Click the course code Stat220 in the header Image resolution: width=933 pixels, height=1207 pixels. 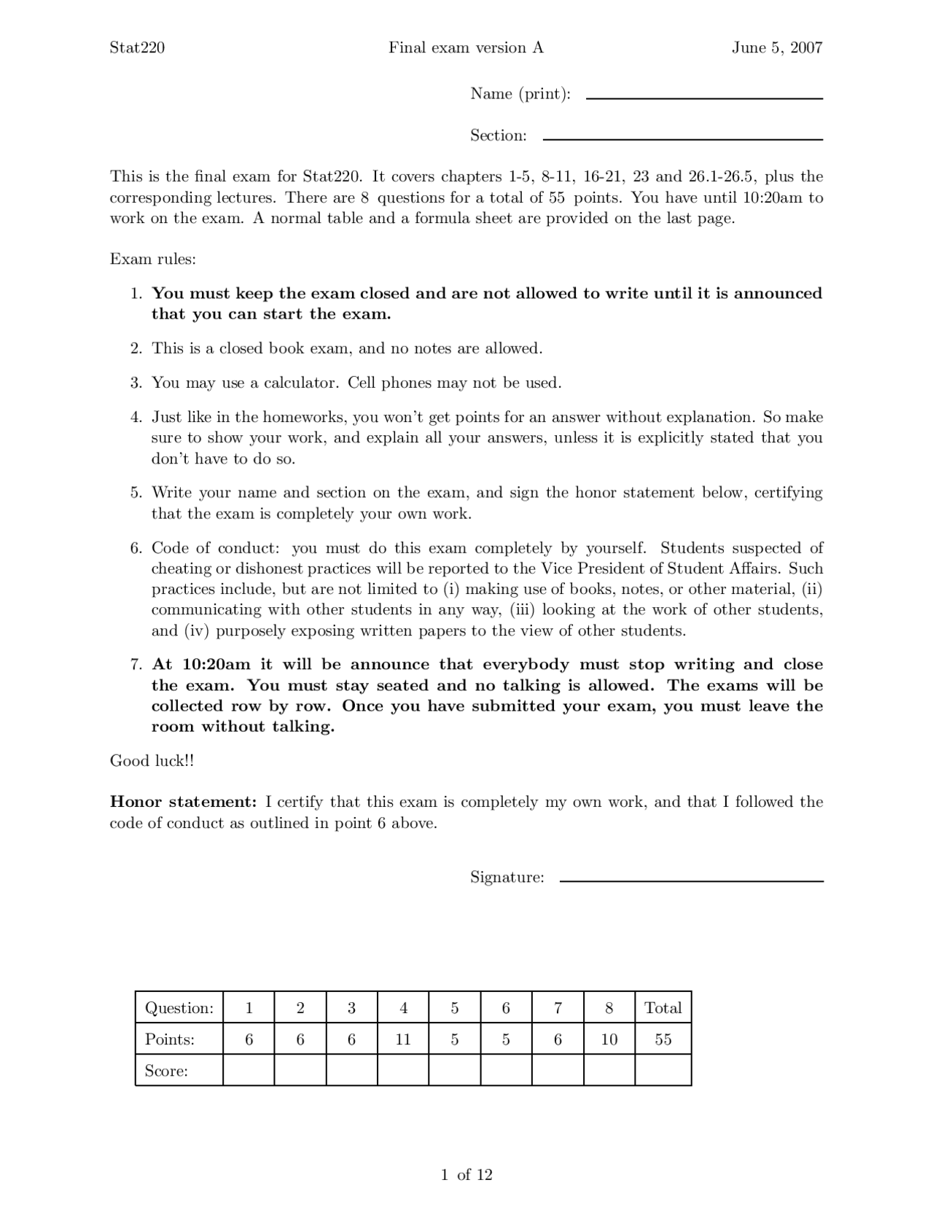137,48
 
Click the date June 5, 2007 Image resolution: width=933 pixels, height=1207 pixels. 777,48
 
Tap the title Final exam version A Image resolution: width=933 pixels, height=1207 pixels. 466,48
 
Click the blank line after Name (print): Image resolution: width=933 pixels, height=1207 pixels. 704,98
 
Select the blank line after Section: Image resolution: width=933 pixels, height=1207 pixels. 683,138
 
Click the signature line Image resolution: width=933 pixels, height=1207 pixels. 691,880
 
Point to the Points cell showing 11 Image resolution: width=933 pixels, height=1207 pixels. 403,1039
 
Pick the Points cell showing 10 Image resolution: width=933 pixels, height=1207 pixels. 609,1039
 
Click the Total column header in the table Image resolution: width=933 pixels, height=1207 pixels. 663,1008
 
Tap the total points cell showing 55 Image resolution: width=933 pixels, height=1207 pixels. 663,1039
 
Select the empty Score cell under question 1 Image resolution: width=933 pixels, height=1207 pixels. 249,1070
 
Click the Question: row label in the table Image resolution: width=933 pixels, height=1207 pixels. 179,1008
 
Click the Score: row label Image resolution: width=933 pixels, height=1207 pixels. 166,1071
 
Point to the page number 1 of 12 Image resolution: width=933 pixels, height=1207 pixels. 466,1174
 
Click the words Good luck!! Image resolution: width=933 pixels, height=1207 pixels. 152,761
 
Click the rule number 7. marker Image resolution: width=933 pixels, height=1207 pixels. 136,665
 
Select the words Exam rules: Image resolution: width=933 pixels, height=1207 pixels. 152,259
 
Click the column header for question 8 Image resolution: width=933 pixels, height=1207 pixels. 609,1008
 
